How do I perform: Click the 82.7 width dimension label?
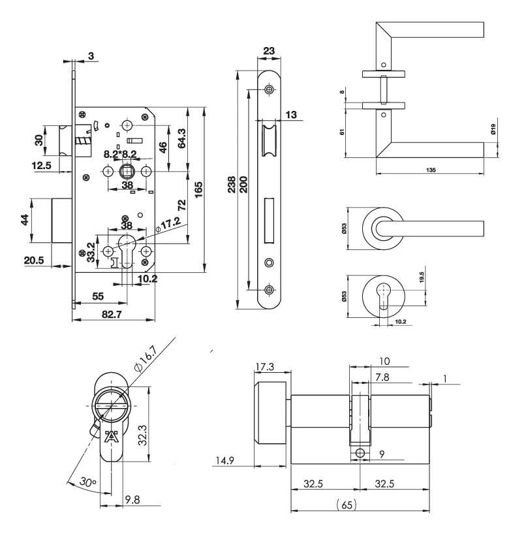click(x=112, y=314)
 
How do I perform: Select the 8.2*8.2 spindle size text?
click(x=120, y=154)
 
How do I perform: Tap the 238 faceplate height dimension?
click(x=232, y=185)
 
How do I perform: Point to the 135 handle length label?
click(x=431, y=170)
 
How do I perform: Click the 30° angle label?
click(x=87, y=481)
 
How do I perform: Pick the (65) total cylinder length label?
click(x=347, y=505)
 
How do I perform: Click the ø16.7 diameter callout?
click(x=145, y=358)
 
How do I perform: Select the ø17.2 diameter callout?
click(x=168, y=224)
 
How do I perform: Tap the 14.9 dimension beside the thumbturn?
click(x=225, y=460)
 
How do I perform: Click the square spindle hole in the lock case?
click(x=126, y=171)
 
